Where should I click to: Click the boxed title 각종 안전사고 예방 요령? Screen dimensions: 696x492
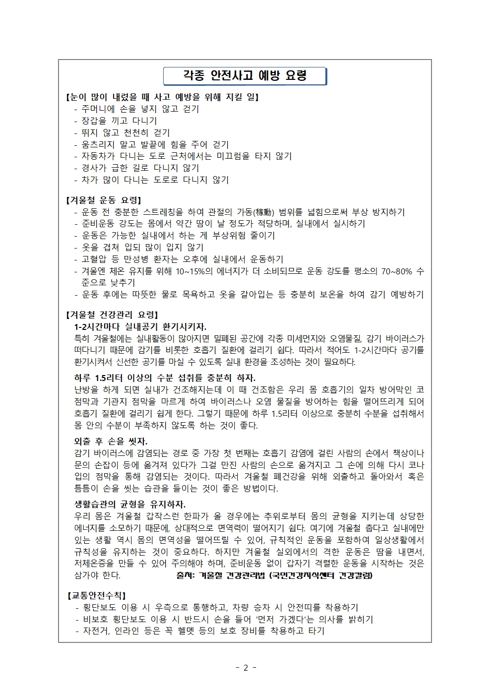tap(245, 76)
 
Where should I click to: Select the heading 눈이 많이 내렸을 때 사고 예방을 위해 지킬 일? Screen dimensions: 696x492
tap(162, 97)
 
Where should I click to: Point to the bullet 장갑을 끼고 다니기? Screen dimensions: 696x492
tap(119, 121)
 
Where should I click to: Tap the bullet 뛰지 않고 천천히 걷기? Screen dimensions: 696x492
tap(125, 132)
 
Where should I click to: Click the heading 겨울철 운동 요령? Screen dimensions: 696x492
tap(104, 200)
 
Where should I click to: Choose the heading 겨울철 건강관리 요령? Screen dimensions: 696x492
tap(112, 315)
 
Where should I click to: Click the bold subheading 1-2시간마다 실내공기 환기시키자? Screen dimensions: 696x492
tap(140, 326)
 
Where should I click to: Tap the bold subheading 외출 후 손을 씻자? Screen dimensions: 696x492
tap(111, 441)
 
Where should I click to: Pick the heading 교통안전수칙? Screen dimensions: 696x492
tap(96, 595)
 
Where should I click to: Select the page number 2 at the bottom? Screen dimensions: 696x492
tap(246, 667)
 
